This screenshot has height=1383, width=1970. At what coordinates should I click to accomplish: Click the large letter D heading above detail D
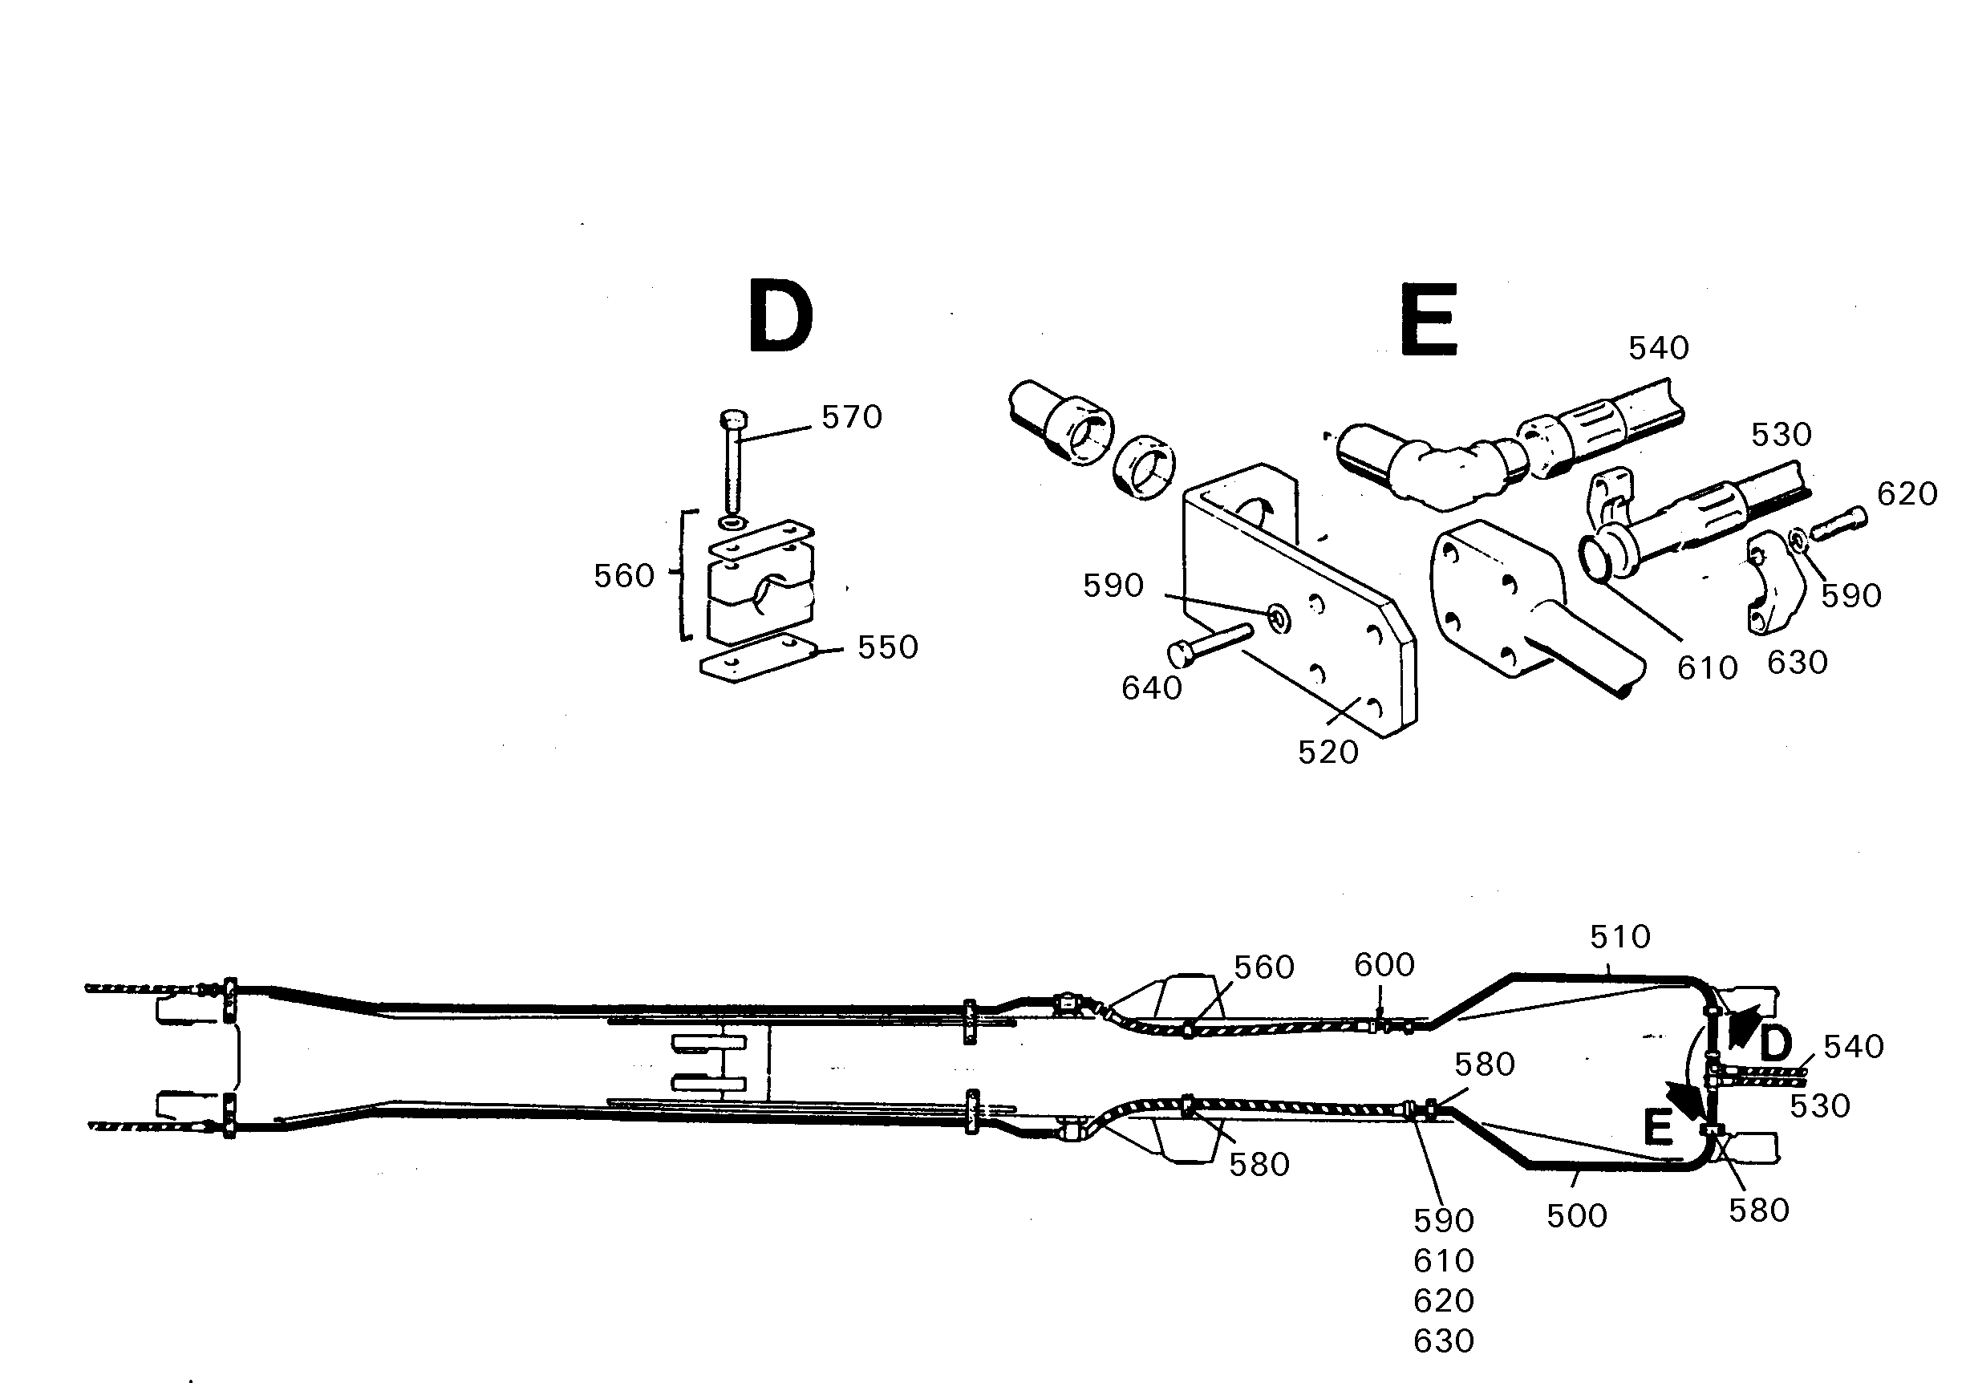[x=780, y=316]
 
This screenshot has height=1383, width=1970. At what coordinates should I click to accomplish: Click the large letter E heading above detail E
[x=1429, y=319]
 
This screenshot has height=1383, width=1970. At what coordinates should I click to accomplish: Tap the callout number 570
[x=852, y=417]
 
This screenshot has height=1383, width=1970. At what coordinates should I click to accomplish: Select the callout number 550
[x=888, y=647]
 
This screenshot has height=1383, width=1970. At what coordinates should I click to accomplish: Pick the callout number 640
[x=1152, y=688]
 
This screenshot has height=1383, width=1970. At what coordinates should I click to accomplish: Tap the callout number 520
[x=1328, y=752]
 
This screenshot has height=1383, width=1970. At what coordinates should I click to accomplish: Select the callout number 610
[x=1708, y=667]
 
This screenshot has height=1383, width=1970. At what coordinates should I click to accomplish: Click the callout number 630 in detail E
[x=1798, y=663]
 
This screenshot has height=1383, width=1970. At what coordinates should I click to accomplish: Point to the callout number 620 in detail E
[x=1907, y=493]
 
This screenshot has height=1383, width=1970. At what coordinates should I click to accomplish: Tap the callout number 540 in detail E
[x=1659, y=347]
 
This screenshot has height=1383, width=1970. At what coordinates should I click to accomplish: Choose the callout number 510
[x=1620, y=937]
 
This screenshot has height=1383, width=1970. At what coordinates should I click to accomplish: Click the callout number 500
[x=1577, y=1215]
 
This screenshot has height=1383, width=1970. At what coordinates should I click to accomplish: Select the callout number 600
[x=1384, y=965]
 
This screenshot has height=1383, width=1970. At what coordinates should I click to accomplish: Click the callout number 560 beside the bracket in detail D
[x=624, y=576]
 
